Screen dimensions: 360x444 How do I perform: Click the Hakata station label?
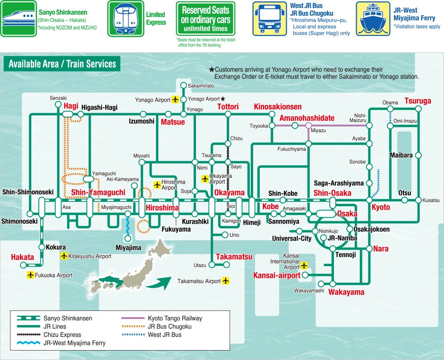click(x=23, y=257)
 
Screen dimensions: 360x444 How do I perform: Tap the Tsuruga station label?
click(x=418, y=101)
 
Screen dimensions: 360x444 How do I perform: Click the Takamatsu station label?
click(x=234, y=257)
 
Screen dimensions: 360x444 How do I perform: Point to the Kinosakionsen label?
click(x=278, y=107)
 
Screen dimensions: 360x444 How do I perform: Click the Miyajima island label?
click(x=128, y=248)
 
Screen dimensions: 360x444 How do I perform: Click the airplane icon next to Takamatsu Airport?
click(x=226, y=281)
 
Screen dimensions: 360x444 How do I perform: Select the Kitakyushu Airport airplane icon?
click(x=64, y=256)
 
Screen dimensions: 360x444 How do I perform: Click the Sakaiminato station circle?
click(x=183, y=85)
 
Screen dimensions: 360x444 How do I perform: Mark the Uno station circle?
click(x=224, y=235)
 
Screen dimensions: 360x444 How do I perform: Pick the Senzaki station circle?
click(x=58, y=104)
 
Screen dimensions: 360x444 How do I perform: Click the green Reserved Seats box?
click(x=205, y=18)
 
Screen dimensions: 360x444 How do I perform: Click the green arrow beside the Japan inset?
click(x=158, y=283)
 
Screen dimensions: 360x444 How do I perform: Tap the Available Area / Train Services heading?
click(x=62, y=64)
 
